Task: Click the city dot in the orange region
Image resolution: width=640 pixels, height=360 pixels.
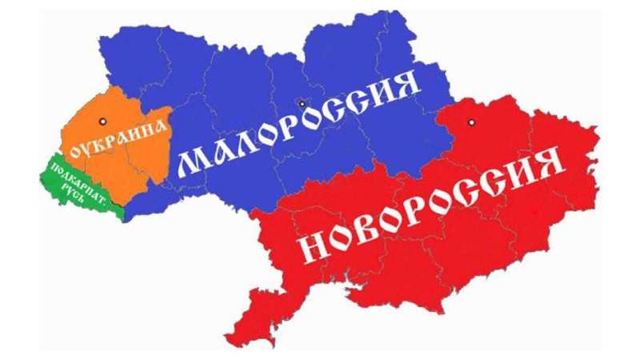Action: coord(102,120)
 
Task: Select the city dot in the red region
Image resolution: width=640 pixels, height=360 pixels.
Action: coord(471,122)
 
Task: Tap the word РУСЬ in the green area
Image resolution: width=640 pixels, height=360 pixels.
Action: coord(83,190)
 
